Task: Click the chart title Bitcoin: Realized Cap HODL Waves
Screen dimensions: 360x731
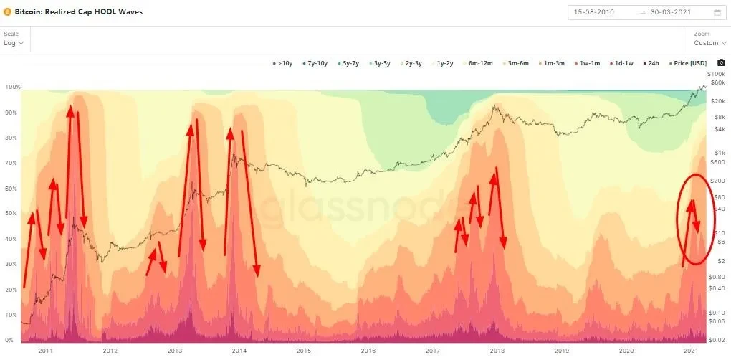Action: point(79,11)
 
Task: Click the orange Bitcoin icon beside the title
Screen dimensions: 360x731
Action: point(7,11)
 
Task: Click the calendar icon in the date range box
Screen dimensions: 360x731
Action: point(717,12)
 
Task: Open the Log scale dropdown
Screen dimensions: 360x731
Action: point(14,43)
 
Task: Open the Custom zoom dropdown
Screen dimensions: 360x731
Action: point(709,43)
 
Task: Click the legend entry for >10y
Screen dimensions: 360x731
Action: point(282,64)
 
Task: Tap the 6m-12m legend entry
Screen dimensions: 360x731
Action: point(479,64)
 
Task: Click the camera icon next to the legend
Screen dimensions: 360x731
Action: point(721,63)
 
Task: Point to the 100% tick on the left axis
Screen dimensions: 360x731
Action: point(13,87)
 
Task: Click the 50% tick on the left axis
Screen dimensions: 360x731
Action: point(11,214)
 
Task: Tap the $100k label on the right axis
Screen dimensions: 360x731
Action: point(717,74)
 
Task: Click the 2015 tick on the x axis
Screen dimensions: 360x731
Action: point(304,351)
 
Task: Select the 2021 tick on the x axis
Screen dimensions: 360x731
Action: point(692,351)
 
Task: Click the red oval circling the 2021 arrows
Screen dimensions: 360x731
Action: point(679,215)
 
